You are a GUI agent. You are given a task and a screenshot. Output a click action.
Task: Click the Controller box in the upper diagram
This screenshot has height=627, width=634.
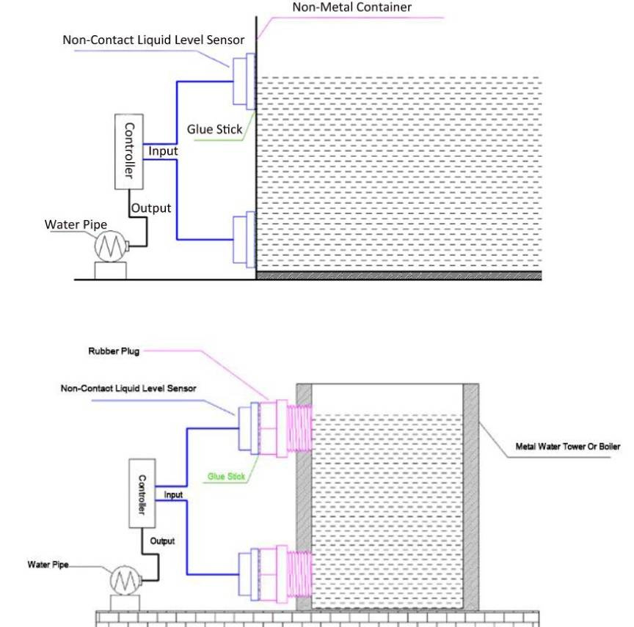coord(128,150)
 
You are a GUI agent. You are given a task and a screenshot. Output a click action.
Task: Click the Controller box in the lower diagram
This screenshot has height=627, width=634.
coord(143,494)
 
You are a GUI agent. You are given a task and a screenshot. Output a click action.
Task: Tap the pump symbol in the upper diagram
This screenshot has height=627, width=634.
coord(111,246)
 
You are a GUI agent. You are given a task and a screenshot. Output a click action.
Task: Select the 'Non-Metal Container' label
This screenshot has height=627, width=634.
coord(351,8)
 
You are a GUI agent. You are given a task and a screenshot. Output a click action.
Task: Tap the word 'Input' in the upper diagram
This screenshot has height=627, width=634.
coord(163,151)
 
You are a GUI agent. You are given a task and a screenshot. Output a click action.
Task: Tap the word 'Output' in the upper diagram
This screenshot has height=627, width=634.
coord(151,208)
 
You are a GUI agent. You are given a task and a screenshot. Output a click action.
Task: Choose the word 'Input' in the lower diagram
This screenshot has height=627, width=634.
coord(173,495)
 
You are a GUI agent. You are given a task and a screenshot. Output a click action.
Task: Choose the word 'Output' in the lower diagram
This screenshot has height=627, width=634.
coord(163,541)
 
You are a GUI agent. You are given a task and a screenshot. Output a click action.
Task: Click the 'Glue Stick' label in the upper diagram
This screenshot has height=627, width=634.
coord(214,130)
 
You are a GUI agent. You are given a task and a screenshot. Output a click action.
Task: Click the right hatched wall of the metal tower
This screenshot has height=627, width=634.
coord(471,499)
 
